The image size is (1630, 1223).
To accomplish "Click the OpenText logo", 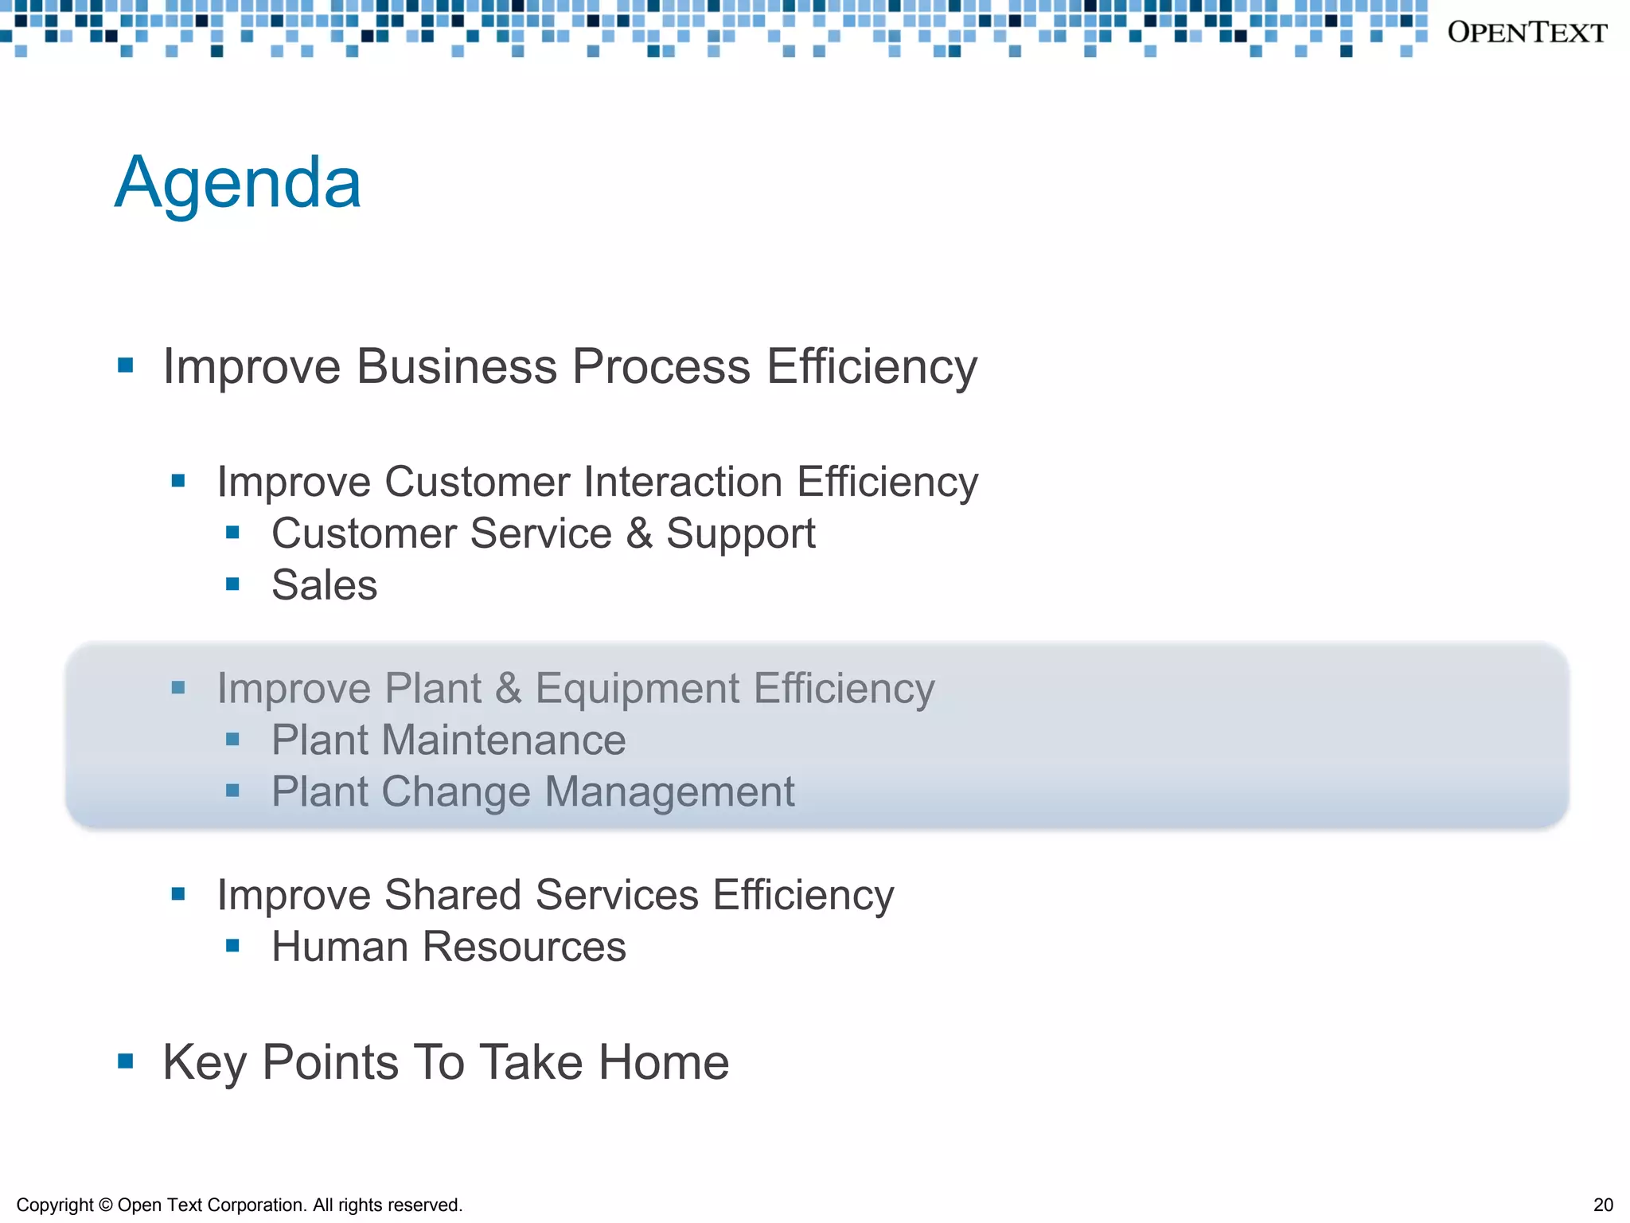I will click(1527, 33).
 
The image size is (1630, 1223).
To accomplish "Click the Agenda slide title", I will click(237, 182).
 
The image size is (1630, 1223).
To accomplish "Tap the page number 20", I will click(1603, 1205).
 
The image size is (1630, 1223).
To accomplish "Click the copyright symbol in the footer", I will click(106, 1205).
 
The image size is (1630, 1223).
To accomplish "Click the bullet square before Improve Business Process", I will click(125, 365).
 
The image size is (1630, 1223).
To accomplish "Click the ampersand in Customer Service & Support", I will click(639, 533).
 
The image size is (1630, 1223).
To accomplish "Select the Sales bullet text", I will click(324, 585).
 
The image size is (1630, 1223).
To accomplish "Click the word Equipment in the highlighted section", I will click(638, 688).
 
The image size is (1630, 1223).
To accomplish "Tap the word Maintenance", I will click(504, 740).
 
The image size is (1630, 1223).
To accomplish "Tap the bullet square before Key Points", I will click(125, 1061).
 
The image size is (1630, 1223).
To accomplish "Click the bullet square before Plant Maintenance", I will click(232, 740).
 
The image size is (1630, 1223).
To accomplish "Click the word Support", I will click(740, 533).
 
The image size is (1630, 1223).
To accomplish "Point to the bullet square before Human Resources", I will click(232, 946).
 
